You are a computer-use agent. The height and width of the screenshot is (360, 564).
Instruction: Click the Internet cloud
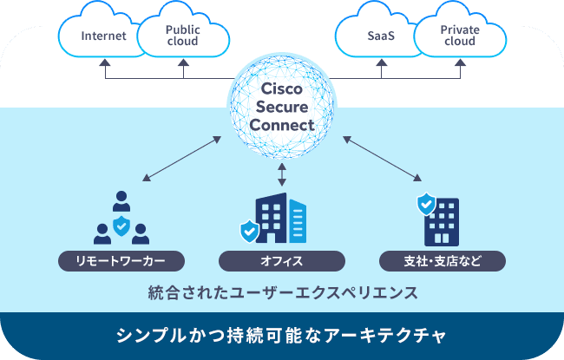point(102,36)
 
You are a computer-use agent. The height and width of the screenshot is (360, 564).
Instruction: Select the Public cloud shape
point(183,35)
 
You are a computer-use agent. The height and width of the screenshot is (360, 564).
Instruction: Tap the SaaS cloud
point(378,36)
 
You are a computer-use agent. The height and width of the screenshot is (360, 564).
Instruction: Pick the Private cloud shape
point(460,35)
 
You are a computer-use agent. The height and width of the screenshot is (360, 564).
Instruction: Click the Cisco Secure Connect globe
point(281,108)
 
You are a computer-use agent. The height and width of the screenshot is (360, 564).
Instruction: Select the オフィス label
point(281,260)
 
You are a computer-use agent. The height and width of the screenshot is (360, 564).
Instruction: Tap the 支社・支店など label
point(442,260)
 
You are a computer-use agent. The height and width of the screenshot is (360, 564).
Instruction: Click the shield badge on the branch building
point(426,205)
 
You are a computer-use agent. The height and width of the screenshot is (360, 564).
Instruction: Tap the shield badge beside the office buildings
point(249,231)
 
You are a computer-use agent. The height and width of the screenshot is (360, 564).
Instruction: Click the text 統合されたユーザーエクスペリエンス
point(282,291)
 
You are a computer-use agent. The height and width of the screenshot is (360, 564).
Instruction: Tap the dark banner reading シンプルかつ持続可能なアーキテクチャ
point(282,335)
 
